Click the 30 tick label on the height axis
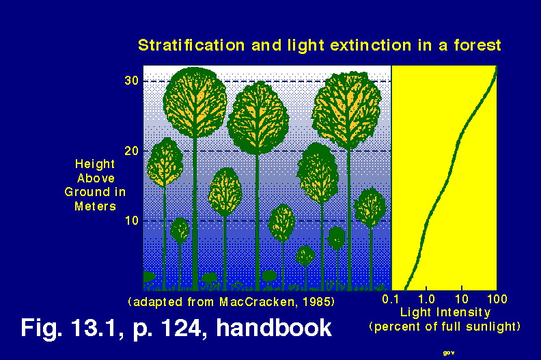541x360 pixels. point(131,81)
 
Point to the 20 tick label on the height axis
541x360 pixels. point(131,151)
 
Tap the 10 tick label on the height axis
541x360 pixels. point(132,220)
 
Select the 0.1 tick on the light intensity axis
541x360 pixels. point(391,299)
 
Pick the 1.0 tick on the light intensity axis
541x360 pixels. point(426,299)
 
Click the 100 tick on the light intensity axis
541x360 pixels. point(497,299)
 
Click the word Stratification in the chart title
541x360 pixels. point(191,45)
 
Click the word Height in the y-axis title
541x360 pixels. point(95,164)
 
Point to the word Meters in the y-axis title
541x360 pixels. point(95,206)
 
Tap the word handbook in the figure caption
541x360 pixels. point(274,328)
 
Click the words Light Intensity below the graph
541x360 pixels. point(445,312)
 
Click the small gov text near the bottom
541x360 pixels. point(449,352)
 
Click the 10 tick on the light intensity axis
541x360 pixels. point(462,299)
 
